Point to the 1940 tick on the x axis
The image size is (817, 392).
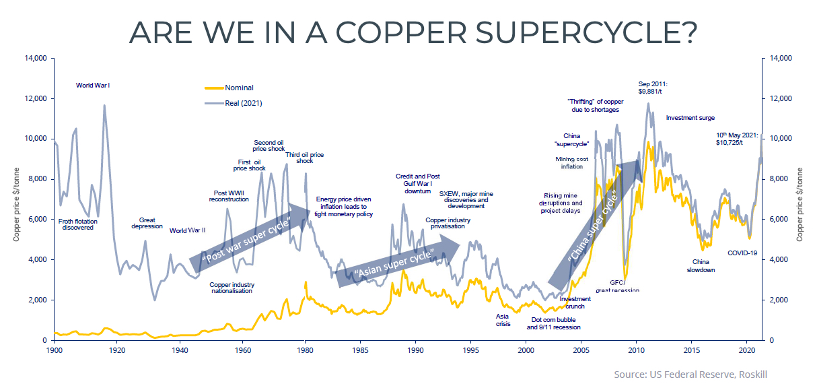(x=180, y=350)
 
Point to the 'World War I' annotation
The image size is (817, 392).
(x=93, y=86)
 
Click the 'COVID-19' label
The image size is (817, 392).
(x=743, y=253)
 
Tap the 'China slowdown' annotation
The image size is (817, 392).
(x=701, y=265)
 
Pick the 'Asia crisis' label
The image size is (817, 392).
(x=503, y=319)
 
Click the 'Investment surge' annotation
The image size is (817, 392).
(x=690, y=118)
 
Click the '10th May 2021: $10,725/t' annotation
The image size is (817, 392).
(x=741, y=139)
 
